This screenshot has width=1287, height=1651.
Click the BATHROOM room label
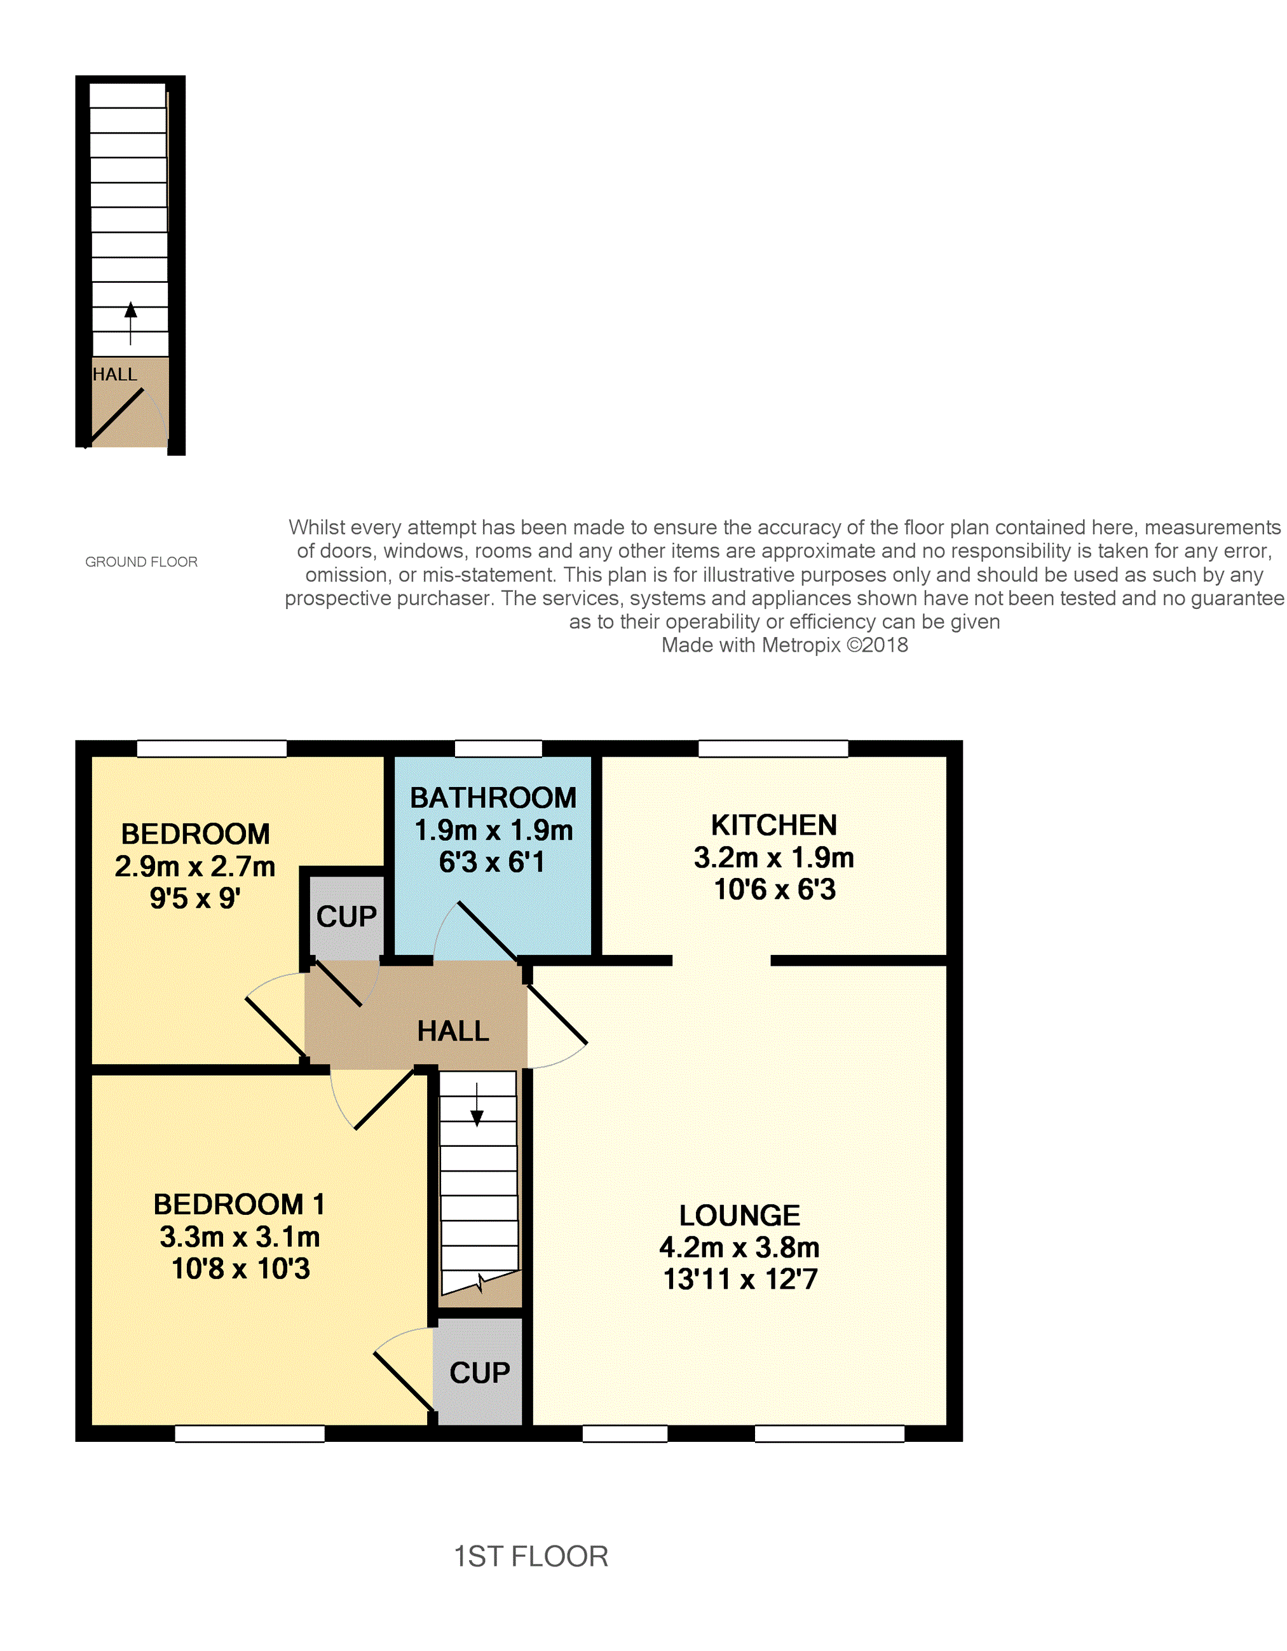click(x=493, y=798)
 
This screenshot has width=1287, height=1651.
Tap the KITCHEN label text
click(x=774, y=825)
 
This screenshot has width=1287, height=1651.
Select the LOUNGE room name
click(x=739, y=1216)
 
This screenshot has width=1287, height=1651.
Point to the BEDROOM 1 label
click(x=239, y=1204)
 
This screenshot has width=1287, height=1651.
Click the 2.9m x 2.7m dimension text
click(x=195, y=867)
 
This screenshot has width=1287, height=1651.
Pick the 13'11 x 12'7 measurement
click(x=740, y=1280)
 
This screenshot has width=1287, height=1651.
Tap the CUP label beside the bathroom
click(x=346, y=916)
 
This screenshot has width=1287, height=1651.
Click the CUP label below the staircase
click(x=480, y=1373)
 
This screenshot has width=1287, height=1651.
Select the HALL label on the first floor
click(x=453, y=1031)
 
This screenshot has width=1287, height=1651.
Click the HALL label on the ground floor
click(x=115, y=374)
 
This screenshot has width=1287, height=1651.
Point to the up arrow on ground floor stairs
click(x=131, y=324)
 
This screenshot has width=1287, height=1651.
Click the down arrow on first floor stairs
click(x=477, y=1104)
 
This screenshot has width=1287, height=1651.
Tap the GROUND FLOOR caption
click(x=141, y=562)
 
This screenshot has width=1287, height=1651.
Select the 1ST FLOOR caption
click(x=531, y=1556)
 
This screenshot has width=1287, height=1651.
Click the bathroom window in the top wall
click(x=498, y=748)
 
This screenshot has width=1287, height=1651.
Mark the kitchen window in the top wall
click(x=773, y=748)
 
